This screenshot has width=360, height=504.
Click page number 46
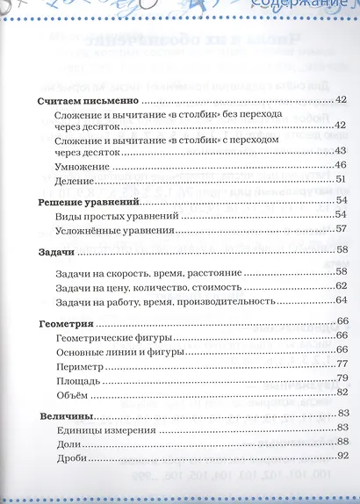[x=341, y=165]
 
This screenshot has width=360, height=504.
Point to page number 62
[x=341, y=286]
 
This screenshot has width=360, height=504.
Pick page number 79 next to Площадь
[x=341, y=378]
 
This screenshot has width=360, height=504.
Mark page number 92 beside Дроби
[x=341, y=457]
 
